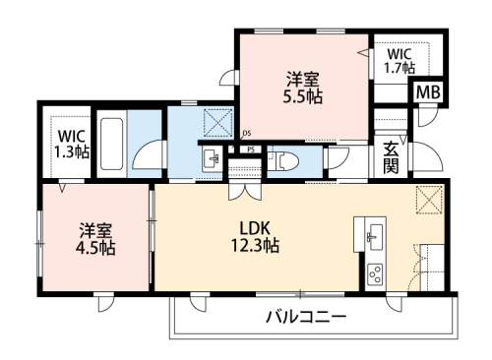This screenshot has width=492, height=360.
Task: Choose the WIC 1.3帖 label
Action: point(71,144)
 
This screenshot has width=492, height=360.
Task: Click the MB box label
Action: point(428,93)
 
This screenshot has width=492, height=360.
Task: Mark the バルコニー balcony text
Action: point(304,317)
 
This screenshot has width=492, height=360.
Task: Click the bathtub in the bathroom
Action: point(112,146)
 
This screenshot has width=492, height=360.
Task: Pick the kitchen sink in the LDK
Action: point(375,236)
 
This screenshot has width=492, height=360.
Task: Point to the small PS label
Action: point(252,150)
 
